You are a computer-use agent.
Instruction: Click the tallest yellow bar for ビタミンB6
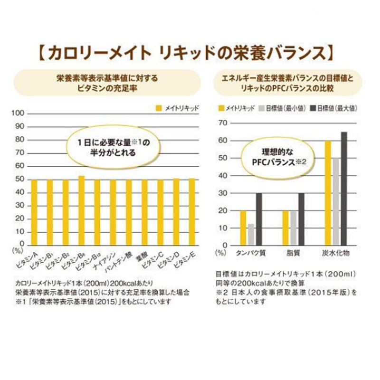81,210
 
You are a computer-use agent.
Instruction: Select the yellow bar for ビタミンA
34,212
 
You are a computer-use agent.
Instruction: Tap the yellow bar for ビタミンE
192,212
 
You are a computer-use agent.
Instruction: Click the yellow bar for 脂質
285,228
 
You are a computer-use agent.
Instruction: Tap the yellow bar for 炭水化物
328,193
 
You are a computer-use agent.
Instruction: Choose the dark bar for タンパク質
258,219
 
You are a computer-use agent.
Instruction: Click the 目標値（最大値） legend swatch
313,108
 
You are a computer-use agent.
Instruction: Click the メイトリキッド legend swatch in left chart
159,108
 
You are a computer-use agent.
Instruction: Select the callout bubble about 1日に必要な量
114,148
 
